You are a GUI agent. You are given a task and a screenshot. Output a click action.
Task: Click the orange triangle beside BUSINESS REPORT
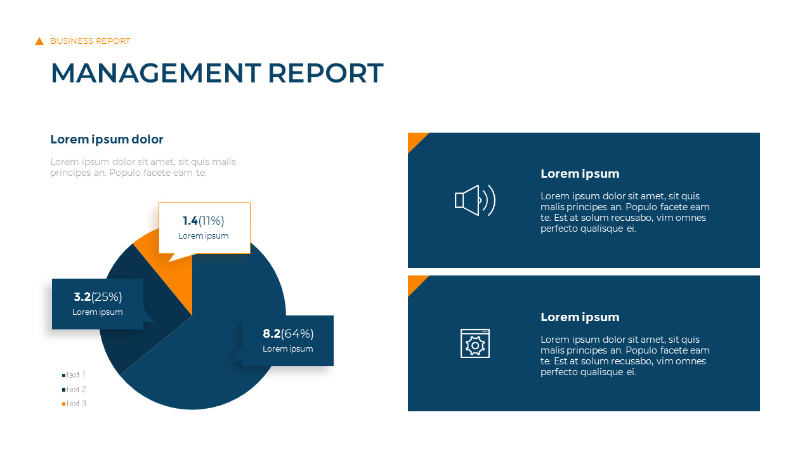pyautogui.click(x=39, y=41)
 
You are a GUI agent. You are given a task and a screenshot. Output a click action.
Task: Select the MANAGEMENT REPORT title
pyautogui.click(x=216, y=73)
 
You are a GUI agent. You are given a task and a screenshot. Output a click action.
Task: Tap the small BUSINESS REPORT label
pyautogui.click(x=90, y=41)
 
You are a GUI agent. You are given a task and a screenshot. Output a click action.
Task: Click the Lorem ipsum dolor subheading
pyautogui.click(x=107, y=140)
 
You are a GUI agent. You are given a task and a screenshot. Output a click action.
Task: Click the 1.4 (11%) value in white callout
pyautogui.click(x=204, y=221)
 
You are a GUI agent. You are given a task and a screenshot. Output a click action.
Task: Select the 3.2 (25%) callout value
pyautogui.click(x=98, y=297)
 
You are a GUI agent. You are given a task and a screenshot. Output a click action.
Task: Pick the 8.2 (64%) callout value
pyautogui.click(x=288, y=334)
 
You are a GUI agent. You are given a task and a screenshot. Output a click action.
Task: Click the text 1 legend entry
pyautogui.click(x=75, y=375)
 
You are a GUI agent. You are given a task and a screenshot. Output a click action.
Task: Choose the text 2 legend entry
pyautogui.click(x=75, y=389)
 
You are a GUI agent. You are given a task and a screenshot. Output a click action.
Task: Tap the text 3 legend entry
pyautogui.click(x=75, y=404)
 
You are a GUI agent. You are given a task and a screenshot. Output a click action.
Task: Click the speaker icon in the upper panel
pyautogui.click(x=475, y=201)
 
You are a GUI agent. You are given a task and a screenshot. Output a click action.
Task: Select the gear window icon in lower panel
pyautogui.click(x=475, y=343)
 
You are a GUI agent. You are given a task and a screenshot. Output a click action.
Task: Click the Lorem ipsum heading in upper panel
pyautogui.click(x=580, y=174)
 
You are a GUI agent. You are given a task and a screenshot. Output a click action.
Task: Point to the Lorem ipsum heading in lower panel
pyautogui.click(x=580, y=317)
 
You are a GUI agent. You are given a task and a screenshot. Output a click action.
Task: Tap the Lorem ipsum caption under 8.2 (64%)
pyautogui.click(x=288, y=349)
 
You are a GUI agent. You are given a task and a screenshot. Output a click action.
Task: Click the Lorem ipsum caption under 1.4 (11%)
pyautogui.click(x=204, y=236)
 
